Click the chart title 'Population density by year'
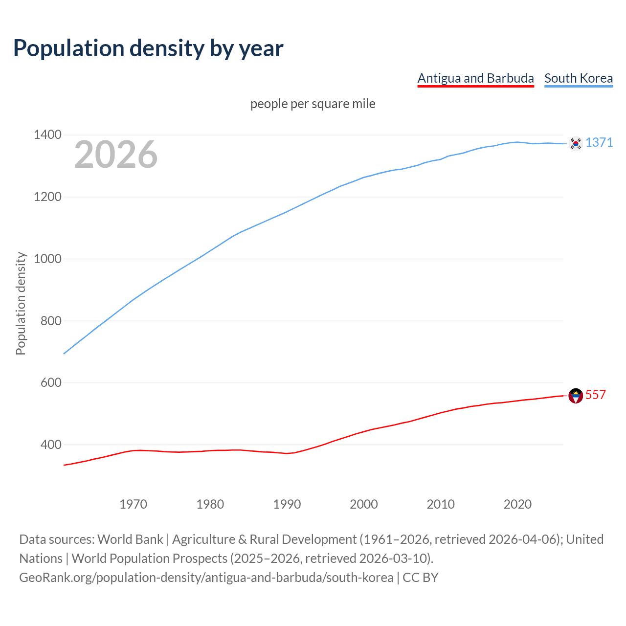click(148, 48)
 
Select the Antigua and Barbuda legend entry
click(475, 78)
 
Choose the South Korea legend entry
click(579, 78)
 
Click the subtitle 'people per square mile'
click(313, 104)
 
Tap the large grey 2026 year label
click(116, 155)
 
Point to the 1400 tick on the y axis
click(48, 134)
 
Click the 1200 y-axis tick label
click(48, 197)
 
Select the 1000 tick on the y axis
click(48, 259)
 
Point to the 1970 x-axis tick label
click(133, 504)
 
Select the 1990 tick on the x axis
click(287, 504)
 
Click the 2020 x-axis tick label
click(517, 504)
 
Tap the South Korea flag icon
click(576, 143)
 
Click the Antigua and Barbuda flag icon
click(576, 396)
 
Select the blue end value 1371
click(599, 142)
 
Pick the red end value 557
click(596, 395)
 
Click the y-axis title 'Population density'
click(21, 303)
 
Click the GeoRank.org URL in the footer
click(206, 578)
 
